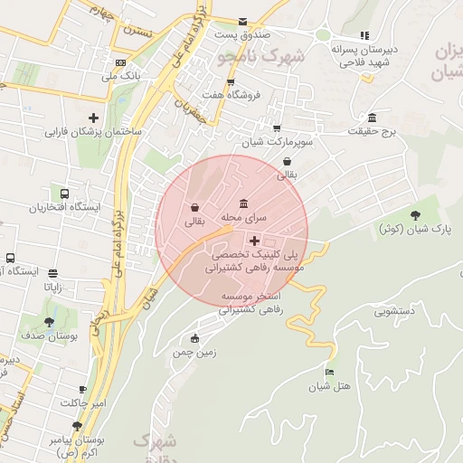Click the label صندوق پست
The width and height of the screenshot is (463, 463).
[242, 33]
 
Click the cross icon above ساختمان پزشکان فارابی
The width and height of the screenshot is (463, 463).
[93, 118]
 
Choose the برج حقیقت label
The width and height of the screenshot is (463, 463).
[373, 132]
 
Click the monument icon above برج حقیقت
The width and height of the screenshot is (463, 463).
[372, 118]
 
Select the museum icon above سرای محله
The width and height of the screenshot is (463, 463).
[243, 203]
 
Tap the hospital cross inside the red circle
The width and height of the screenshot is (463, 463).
[254, 241]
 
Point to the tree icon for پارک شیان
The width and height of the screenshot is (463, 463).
[415, 214]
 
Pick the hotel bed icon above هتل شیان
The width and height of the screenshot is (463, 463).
[330, 373]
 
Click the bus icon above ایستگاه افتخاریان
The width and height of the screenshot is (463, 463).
[64, 194]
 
